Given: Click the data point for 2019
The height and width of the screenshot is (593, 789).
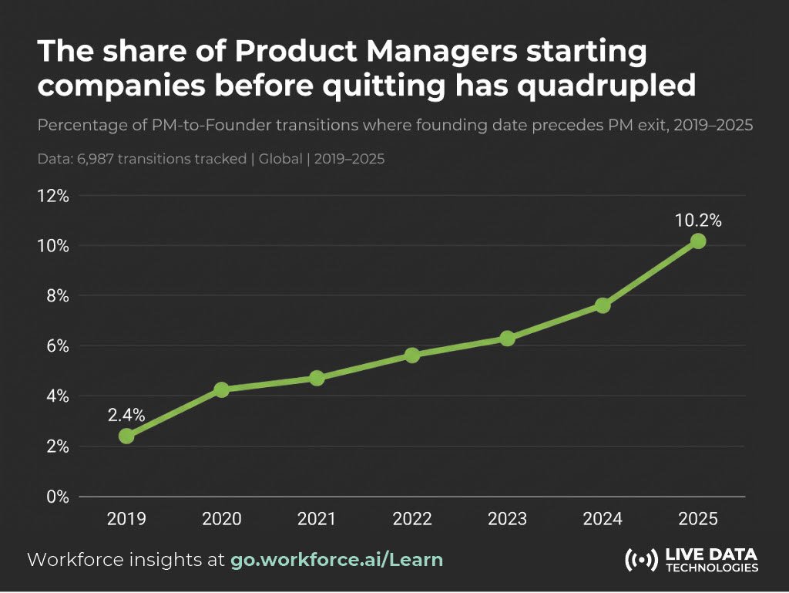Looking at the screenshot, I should pos(126,436).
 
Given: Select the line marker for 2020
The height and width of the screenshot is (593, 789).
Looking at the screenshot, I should pos(221,389).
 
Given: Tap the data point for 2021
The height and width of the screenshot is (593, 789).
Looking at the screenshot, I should pos(317,378).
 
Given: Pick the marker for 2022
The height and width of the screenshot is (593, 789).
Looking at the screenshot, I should pos(412,355).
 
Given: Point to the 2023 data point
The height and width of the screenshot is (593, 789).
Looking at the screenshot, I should pos(507,339).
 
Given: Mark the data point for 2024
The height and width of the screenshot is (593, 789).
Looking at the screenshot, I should pos(603,305).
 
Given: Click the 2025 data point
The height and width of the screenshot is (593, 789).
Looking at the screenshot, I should pos(697,241).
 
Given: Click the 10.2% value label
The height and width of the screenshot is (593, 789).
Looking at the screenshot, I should pos(697,221).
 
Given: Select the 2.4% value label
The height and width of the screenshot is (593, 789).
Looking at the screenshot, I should pos(126,415).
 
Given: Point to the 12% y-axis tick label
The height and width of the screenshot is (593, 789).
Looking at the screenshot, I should pos(52,196).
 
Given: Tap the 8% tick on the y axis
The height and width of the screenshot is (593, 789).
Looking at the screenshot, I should pos(57,296).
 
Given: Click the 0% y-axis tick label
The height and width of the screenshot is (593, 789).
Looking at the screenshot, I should pos(57,497).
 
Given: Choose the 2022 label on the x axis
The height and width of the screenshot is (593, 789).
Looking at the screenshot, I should pos(412,519).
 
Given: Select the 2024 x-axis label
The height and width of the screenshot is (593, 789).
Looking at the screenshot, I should pos(603,519).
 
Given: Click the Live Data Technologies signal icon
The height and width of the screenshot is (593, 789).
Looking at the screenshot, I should pos(640,560).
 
